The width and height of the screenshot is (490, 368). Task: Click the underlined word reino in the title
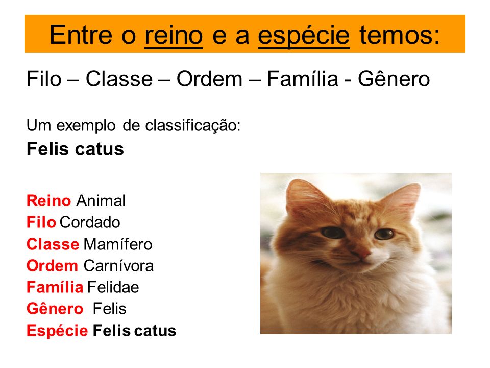tap(174, 34)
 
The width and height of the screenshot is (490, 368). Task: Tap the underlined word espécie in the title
tap(304, 34)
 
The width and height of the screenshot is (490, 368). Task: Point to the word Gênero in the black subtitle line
tap(395, 80)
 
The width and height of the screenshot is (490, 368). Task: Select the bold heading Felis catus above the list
tap(75, 149)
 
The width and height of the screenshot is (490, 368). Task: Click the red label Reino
tap(48, 201)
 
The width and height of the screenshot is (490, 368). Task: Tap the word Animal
tap(101, 201)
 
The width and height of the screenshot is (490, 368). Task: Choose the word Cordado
tap(89, 223)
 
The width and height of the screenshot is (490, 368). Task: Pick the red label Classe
tap(53, 244)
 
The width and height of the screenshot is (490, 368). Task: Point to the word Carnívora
tap(118, 266)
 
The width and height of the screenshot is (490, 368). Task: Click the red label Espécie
tap(57, 331)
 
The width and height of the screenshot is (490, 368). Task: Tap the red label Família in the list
tap(55, 287)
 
